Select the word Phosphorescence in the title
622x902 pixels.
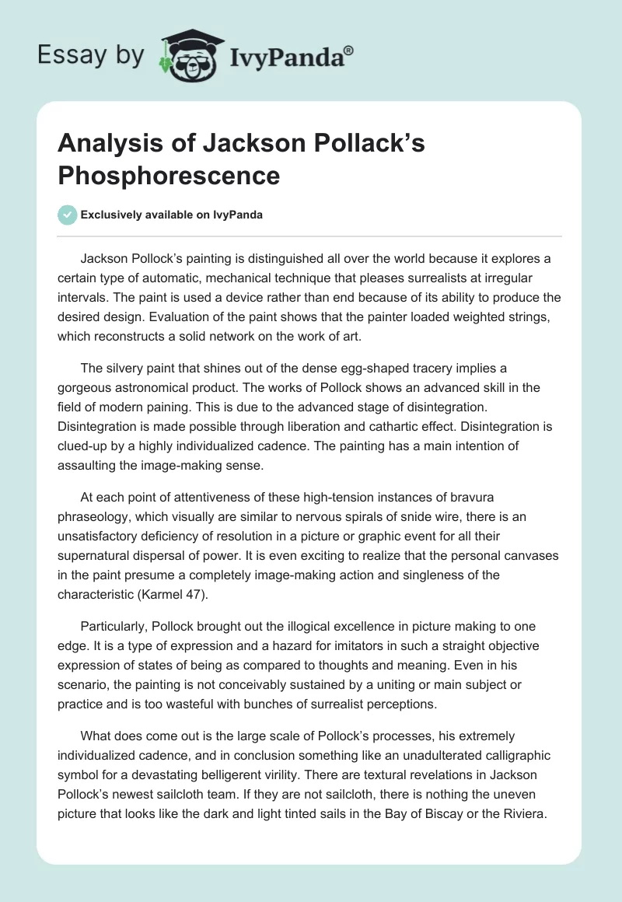pos(169,175)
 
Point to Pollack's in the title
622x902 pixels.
pos(372,145)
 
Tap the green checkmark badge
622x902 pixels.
pos(68,215)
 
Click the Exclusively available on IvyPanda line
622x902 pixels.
pos(173,215)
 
